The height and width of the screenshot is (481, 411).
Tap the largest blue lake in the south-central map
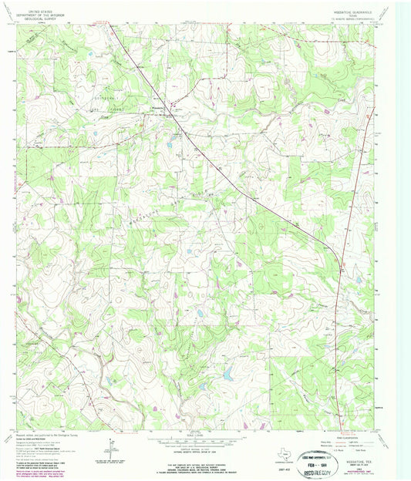click(x=228, y=375)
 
